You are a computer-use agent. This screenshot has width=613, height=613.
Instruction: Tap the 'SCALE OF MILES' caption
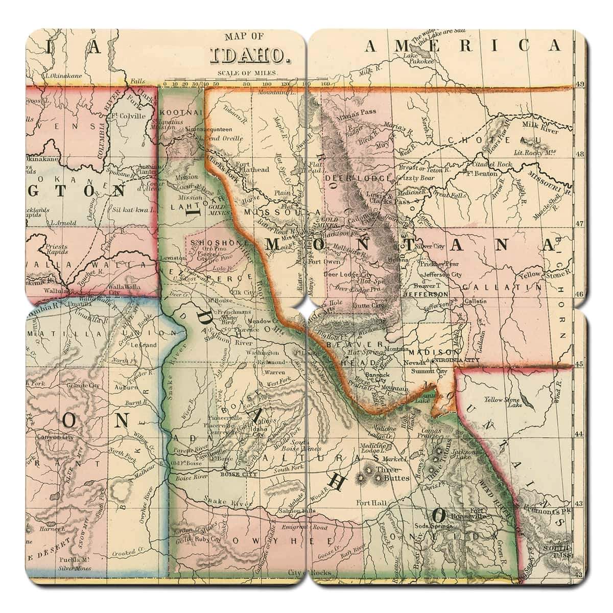248,73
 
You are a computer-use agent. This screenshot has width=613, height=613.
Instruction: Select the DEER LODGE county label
357,178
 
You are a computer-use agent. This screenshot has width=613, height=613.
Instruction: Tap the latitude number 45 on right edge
580,364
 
